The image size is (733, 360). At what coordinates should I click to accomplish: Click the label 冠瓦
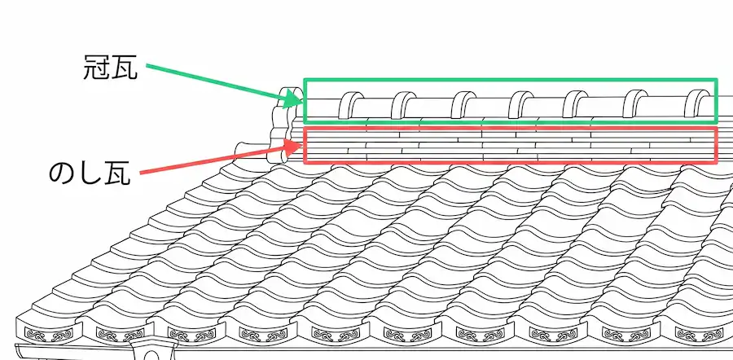coord(110,68)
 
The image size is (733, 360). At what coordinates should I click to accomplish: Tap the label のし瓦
coord(90,173)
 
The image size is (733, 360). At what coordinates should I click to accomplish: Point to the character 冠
coord(97,68)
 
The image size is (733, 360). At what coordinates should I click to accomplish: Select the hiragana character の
coord(62,173)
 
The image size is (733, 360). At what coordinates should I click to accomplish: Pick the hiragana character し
coord(88,173)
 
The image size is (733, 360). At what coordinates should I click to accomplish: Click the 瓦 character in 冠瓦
coord(125,68)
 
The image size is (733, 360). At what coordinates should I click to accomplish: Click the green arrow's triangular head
coord(293,99)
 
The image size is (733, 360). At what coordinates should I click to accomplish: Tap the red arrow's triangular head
coord(293,147)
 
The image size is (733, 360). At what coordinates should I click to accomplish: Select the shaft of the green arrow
coord(216,81)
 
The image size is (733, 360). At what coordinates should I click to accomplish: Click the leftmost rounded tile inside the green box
coord(350,105)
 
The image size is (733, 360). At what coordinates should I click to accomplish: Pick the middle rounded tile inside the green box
coord(520,104)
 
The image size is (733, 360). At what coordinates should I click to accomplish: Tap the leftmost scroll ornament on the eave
coord(49,334)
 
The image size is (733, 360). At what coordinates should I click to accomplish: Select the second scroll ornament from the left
coord(121,334)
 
